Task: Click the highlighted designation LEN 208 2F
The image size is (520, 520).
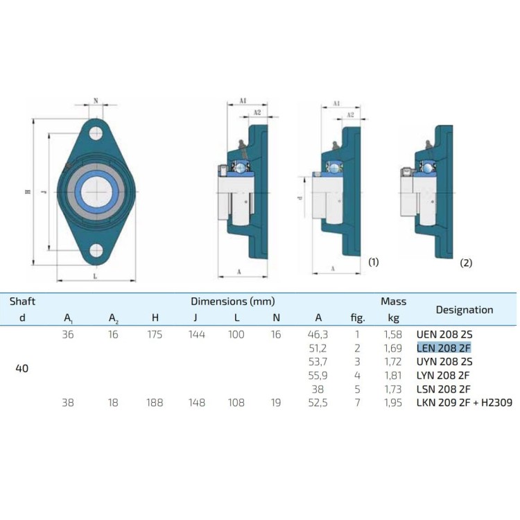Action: pos(444,348)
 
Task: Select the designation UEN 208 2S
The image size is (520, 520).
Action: pos(444,334)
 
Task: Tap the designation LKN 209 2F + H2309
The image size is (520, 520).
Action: pos(465,403)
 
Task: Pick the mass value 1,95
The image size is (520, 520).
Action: pos(393,403)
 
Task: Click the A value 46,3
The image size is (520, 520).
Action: pos(318,334)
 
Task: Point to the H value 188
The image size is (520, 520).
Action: pos(155,403)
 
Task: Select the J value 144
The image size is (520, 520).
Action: pos(197,334)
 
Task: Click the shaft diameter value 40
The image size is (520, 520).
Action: pos(22,368)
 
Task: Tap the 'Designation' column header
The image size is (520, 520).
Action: pos(465,310)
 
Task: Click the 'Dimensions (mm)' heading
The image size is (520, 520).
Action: pos(233,301)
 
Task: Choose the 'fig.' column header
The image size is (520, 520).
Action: pos(358,318)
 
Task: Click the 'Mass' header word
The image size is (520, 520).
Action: pos(393,301)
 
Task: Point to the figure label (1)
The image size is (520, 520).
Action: pos(374,262)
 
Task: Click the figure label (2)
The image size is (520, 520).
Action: pos(466,263)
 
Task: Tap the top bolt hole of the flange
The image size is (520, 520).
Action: pos(96,133)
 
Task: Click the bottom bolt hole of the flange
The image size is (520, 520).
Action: pos(96,250)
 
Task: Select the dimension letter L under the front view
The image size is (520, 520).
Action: pos(95,276)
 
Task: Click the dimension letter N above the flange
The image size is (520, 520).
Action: pos(96,101)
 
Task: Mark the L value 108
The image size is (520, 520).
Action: pos(236,403)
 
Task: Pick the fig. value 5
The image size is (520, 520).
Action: pos(357,389)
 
